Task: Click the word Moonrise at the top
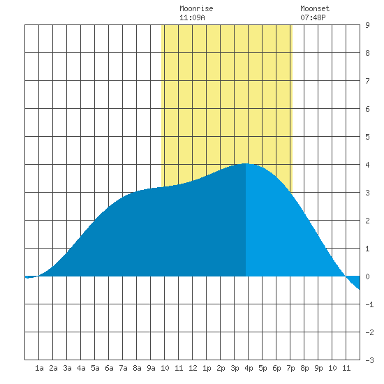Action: (x=196, y=8)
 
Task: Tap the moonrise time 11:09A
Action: (x=192, y=17)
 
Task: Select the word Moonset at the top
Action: (x=315, y=8)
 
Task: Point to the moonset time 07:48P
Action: (x=313, y=17)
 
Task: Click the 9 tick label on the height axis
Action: (x=367, y=25)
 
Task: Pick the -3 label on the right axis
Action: (x=369, y=360)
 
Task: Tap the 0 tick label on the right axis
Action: (x=367, y=276)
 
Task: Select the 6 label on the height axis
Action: (x=367, y=109)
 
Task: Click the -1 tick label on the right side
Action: (x=369, y=304)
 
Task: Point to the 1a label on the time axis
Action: (x=39, y=368)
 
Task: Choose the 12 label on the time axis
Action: (x=193, y=368)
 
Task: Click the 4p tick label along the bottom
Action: (x=249, y=368)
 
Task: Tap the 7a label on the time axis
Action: (x=123, y=368)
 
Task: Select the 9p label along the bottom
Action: (x=318, y=368)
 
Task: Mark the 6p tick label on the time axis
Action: (x=276, y=368)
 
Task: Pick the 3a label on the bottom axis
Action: (x=67, y=368)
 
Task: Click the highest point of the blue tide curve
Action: (x=245, y=163)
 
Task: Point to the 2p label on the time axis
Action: (x=221, y=368)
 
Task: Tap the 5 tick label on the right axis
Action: (x=367, y=137)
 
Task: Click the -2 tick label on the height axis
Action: (x=369, y=332)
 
